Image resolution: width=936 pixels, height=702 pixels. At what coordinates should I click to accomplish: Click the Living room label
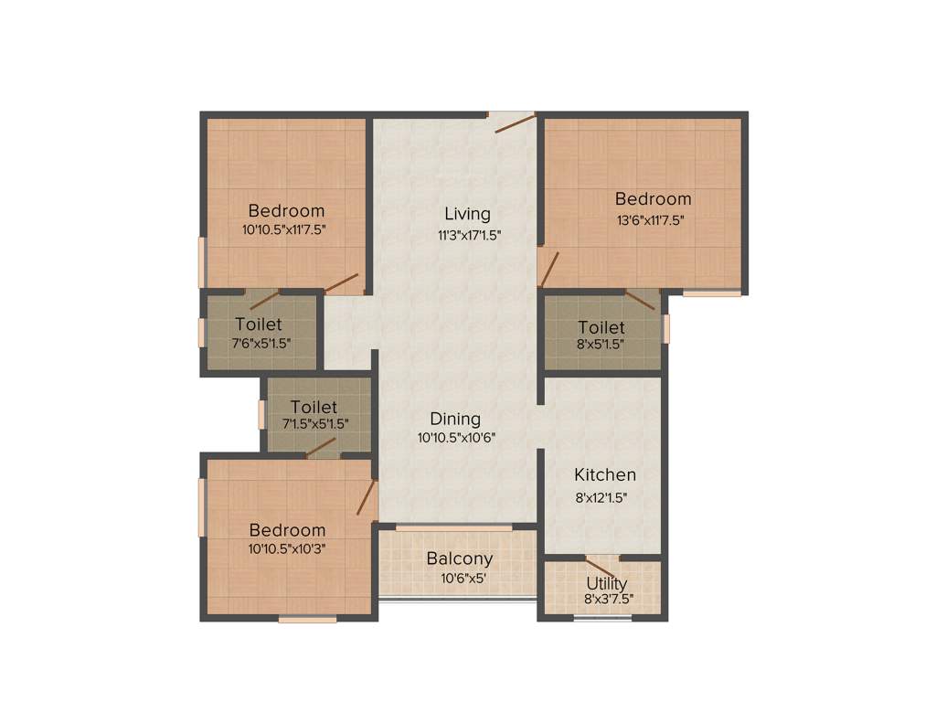[x=467, y=214]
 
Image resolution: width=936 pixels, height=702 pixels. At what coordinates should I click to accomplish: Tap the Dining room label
[x=455, y=419]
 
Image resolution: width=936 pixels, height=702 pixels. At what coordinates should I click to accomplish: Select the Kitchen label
[x=604, y=475]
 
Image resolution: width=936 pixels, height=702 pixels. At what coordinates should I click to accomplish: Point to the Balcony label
[x=460, y=558]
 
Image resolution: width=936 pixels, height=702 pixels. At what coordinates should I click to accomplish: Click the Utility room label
[x=606, y=583]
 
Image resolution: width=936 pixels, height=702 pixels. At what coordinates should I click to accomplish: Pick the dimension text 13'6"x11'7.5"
[x=652, y=219]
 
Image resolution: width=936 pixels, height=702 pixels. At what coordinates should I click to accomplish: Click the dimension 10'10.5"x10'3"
[x=286, y=549]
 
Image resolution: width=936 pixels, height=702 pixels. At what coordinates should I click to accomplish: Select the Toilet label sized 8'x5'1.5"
[x=601, y=327]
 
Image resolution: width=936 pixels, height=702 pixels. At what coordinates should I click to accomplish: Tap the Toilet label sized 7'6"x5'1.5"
[x=258, y=324]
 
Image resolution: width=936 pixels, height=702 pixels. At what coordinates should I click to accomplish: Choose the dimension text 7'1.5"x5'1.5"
[x=314, y=424]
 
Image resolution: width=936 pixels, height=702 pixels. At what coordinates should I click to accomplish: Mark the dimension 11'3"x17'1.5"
[x=468, y=234]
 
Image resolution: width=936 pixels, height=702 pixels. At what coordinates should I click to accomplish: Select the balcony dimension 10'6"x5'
[x=460, y=578]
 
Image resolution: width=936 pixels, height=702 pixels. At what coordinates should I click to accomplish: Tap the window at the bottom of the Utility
[x=602, y=619]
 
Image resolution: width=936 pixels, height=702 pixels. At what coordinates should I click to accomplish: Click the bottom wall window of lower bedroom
[x=307, y=619]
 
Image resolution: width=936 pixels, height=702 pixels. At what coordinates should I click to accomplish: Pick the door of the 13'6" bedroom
[x=549, y=269]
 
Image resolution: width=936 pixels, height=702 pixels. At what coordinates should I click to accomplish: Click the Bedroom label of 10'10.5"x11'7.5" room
[x=286, y=210]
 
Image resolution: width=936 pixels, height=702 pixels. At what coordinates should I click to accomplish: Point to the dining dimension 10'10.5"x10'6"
[x=456, y=438]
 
